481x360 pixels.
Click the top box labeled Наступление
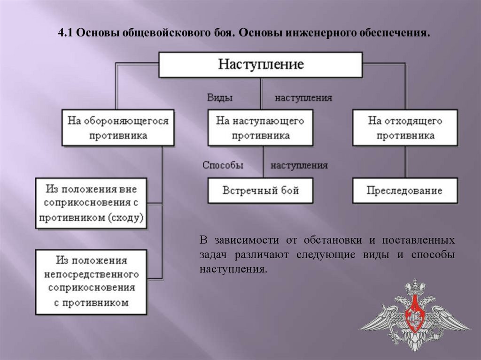click(x=261, y=64)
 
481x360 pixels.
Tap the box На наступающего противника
click(x=260, y=128)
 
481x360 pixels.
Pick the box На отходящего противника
click(x=405, y=128)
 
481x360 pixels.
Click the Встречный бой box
click(x=260, y=191)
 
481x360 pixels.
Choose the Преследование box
click(x=405, y=191)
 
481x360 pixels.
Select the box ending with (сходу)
click(x=92, y=203)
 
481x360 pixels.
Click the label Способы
click(x=223, y=165)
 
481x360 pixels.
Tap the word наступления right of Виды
click(x=303, y=98)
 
